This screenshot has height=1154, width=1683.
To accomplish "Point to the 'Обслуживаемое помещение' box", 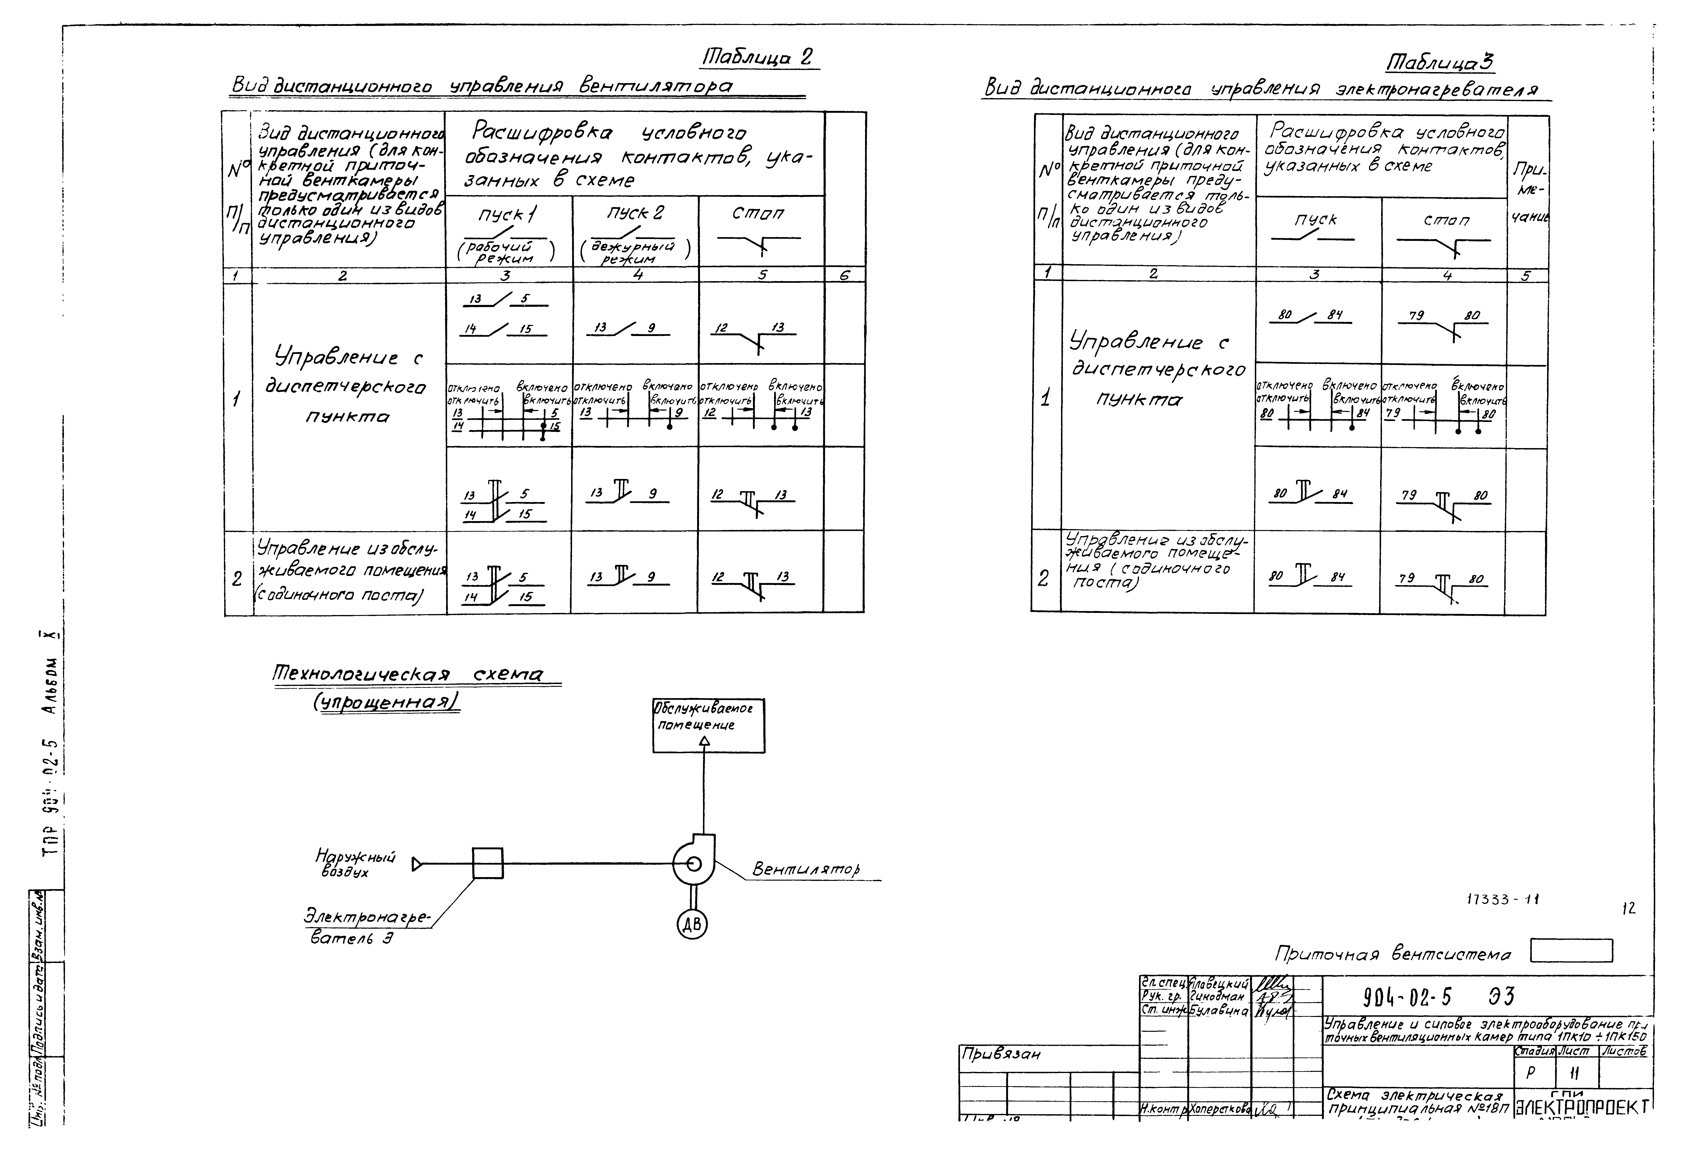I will (x=708, y=725).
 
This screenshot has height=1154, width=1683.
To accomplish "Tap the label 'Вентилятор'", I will (x=805, y=868).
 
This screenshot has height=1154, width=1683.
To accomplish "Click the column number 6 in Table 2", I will (x=844, y=275).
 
